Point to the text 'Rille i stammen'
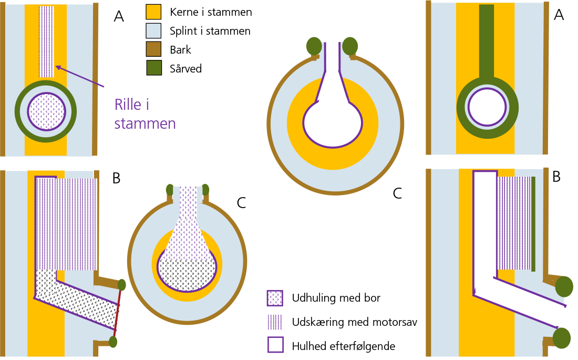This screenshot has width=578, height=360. pyautogui.click(x=145, y=114)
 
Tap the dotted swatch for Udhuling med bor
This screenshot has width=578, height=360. pyautogui.click(x=275, y=298)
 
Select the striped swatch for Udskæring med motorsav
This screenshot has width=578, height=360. pyautogui.click(x=275, y=322)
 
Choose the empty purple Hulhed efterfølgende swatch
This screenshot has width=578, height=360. pyautogui.click(x=275, y=345)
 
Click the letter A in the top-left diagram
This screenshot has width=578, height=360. pyautogui.click(x=119, y=17)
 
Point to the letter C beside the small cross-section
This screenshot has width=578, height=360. pyautogui.click(x=241, y=203)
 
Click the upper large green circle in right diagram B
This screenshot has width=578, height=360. pyautogui.click(x=564, y=287)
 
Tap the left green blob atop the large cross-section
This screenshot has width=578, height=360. pyautogui.click(x=314, y=46)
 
